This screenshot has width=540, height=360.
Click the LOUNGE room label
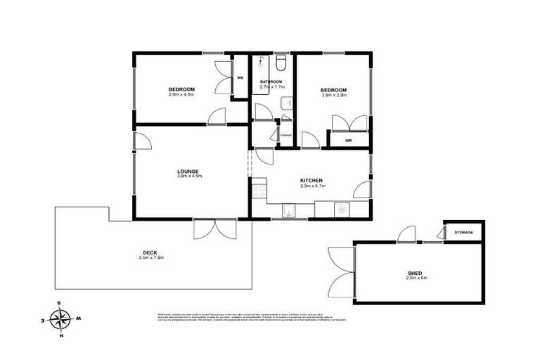point(188,171)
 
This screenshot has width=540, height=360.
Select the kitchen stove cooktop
point(258,188)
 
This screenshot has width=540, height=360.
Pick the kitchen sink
point(288,209)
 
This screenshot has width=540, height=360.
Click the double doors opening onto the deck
point(215,229)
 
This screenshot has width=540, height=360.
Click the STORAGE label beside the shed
point(463,232)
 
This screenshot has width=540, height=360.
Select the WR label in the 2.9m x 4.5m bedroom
point(240,77)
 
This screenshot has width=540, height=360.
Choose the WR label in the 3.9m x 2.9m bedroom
point(347,141)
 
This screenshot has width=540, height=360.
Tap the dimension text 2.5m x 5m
point(416,278)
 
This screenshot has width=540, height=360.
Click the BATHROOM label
point(271,82)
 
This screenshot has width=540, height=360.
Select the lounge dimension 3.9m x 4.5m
point(188,176)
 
